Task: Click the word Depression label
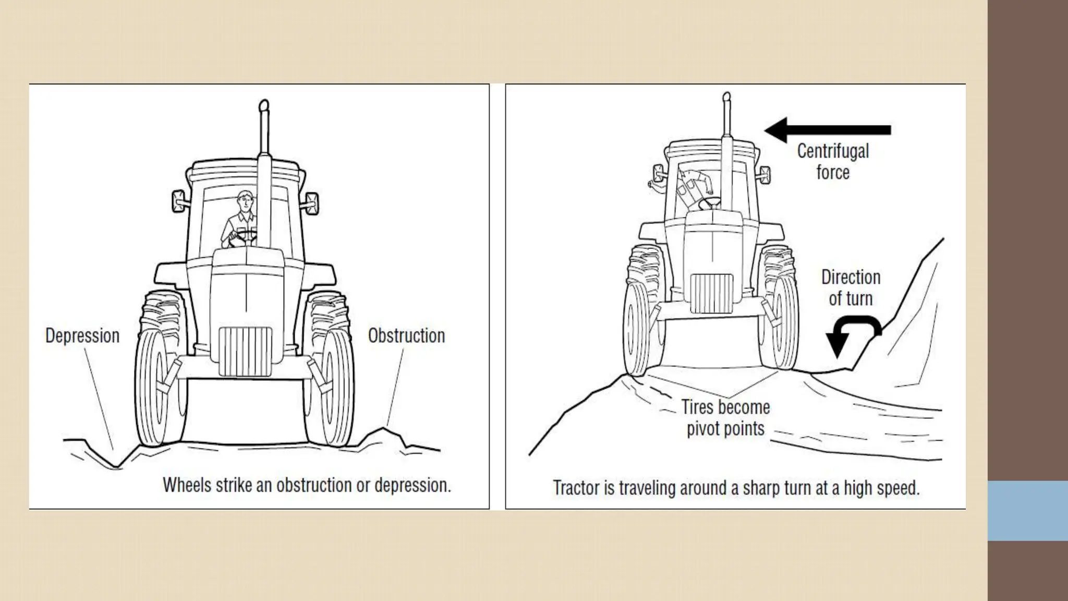point(82,335)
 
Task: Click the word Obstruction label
point(406,335)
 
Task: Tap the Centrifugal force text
point(833,161)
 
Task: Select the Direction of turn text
point(851,288)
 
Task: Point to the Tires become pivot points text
point(725,418)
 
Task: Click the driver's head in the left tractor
point(244,200)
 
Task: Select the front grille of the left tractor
point(245,351)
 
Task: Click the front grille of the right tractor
point(711,293)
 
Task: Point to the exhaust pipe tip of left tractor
point(264,106)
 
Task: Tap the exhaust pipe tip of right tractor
point(726,98)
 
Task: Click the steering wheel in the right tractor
point(710,201)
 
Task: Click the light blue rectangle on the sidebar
point(1028,510)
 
